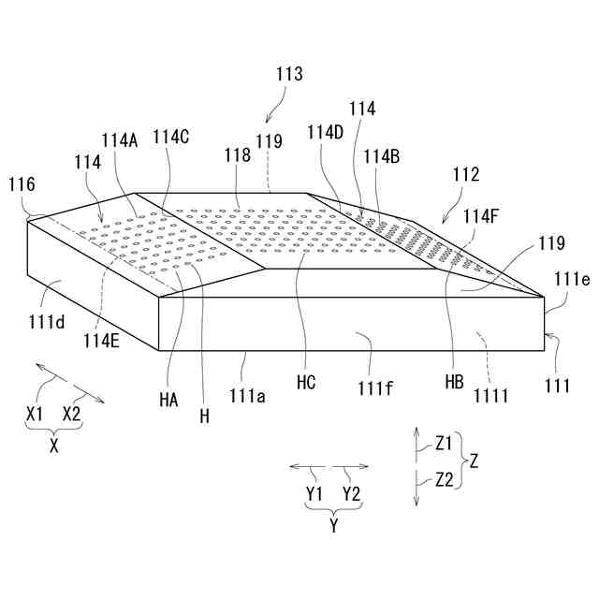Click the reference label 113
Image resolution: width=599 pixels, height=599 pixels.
point(289,74)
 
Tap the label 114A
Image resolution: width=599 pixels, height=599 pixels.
point(120,140)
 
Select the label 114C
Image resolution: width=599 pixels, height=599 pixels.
point(171,137)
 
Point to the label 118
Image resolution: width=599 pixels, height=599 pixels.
point(237,156)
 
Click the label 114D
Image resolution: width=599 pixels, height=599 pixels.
point(326,132)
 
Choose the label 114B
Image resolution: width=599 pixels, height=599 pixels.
point(382,156)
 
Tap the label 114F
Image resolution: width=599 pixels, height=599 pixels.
point(482,214)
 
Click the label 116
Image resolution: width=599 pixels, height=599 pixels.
point(22,185)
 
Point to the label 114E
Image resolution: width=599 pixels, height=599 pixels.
point(101,341)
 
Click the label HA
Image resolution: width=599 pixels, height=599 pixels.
point(168,399)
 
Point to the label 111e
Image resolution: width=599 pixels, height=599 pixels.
point(571,278)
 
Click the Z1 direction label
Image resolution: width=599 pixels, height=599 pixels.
point(444,444)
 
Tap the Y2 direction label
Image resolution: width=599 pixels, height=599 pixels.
point(353,492)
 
